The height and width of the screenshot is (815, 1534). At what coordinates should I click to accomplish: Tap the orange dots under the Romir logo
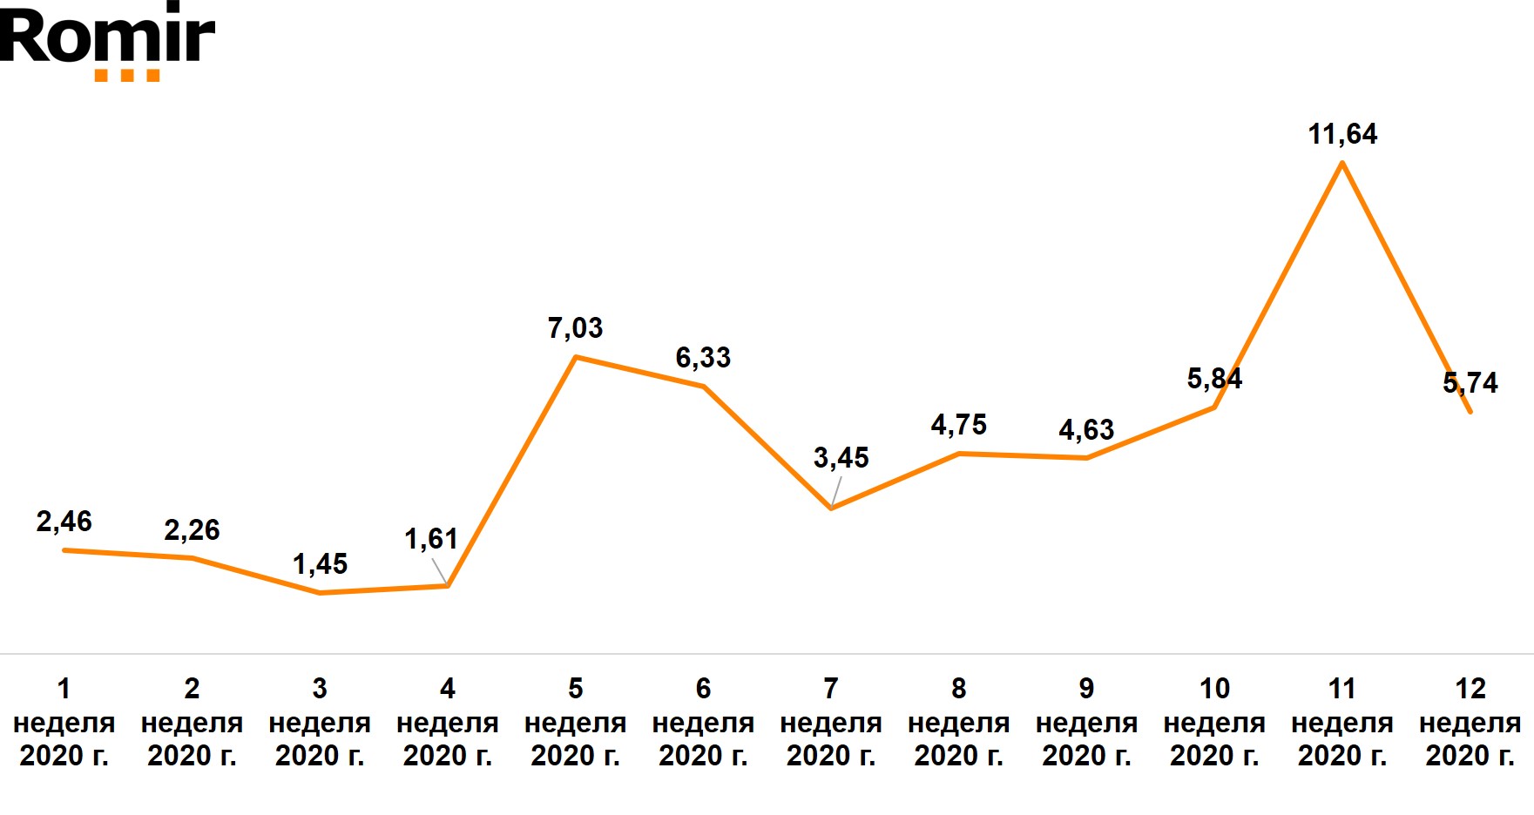point(127,76)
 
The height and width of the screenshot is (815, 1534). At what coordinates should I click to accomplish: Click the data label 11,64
point(1342,134)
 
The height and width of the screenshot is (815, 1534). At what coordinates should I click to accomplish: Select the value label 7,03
point(575,328)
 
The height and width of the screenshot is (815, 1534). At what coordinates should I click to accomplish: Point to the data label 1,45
point(320,564)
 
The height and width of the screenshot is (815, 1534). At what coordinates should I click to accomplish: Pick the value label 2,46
point(64,522)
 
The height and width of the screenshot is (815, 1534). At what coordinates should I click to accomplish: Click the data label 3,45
point(841,458)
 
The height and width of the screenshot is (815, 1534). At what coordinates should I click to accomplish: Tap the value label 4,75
point(958,425)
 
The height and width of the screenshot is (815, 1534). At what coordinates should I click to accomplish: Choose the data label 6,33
point(703,358)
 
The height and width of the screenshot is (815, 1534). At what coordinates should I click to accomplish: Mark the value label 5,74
point(1470,383)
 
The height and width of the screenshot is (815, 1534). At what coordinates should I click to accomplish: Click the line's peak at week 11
point(1342,163)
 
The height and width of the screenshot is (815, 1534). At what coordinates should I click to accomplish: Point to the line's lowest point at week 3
point(320,593)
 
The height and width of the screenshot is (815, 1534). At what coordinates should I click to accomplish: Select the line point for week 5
point(575,357)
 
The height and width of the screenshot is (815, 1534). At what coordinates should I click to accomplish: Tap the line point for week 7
point(831,508)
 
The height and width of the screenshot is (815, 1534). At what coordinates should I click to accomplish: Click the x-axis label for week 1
point(64,722)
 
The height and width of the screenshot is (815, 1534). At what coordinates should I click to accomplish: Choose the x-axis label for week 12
point(1470,722)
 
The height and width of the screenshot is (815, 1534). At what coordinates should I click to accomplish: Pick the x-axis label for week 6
point(703,722)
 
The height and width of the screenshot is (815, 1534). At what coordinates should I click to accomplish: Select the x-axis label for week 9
point(1086,722)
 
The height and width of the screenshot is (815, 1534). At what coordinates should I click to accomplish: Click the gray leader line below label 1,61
point(440,570)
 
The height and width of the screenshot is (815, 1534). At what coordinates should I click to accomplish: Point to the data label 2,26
point(192,530)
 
